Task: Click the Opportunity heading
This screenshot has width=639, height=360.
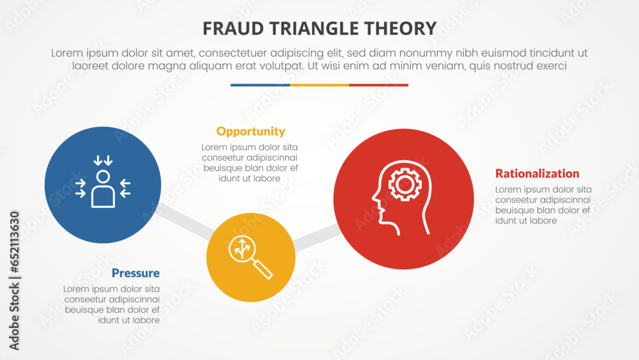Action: tap(250, 132)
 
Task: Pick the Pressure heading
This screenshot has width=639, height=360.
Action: tap(135, 274)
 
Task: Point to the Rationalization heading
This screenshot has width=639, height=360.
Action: tap(537, 173)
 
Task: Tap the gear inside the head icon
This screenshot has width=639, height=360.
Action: tap(404, 185)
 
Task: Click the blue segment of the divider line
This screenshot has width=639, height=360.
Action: tap(260, 85)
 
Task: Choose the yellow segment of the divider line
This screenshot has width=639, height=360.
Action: tap(319, 85)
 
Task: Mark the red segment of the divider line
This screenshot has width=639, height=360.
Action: tap(378, 85)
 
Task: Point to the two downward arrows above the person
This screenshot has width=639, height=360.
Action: tap(103, 160)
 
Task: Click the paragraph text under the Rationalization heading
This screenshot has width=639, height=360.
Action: tap(543, 205)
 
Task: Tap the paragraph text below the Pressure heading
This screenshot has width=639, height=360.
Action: tap(112, 305)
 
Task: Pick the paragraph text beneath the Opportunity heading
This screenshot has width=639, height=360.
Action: tap(250, 163)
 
